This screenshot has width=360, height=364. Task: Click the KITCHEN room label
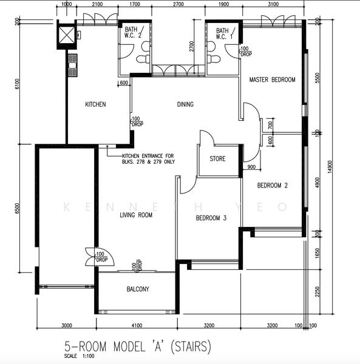pos(95,104)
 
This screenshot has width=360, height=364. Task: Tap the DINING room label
pos(185,104)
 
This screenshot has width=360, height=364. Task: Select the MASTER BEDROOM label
pos(272,80)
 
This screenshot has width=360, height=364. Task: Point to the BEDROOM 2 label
pos(272,186)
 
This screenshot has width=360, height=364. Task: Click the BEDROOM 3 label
pos(211,218)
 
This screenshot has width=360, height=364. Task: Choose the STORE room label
pos(217,159)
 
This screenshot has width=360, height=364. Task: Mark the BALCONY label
pos(137,289)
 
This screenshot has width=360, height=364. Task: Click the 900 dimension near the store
pos(251,167)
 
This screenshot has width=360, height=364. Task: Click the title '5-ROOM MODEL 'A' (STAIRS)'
pos(138,347)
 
